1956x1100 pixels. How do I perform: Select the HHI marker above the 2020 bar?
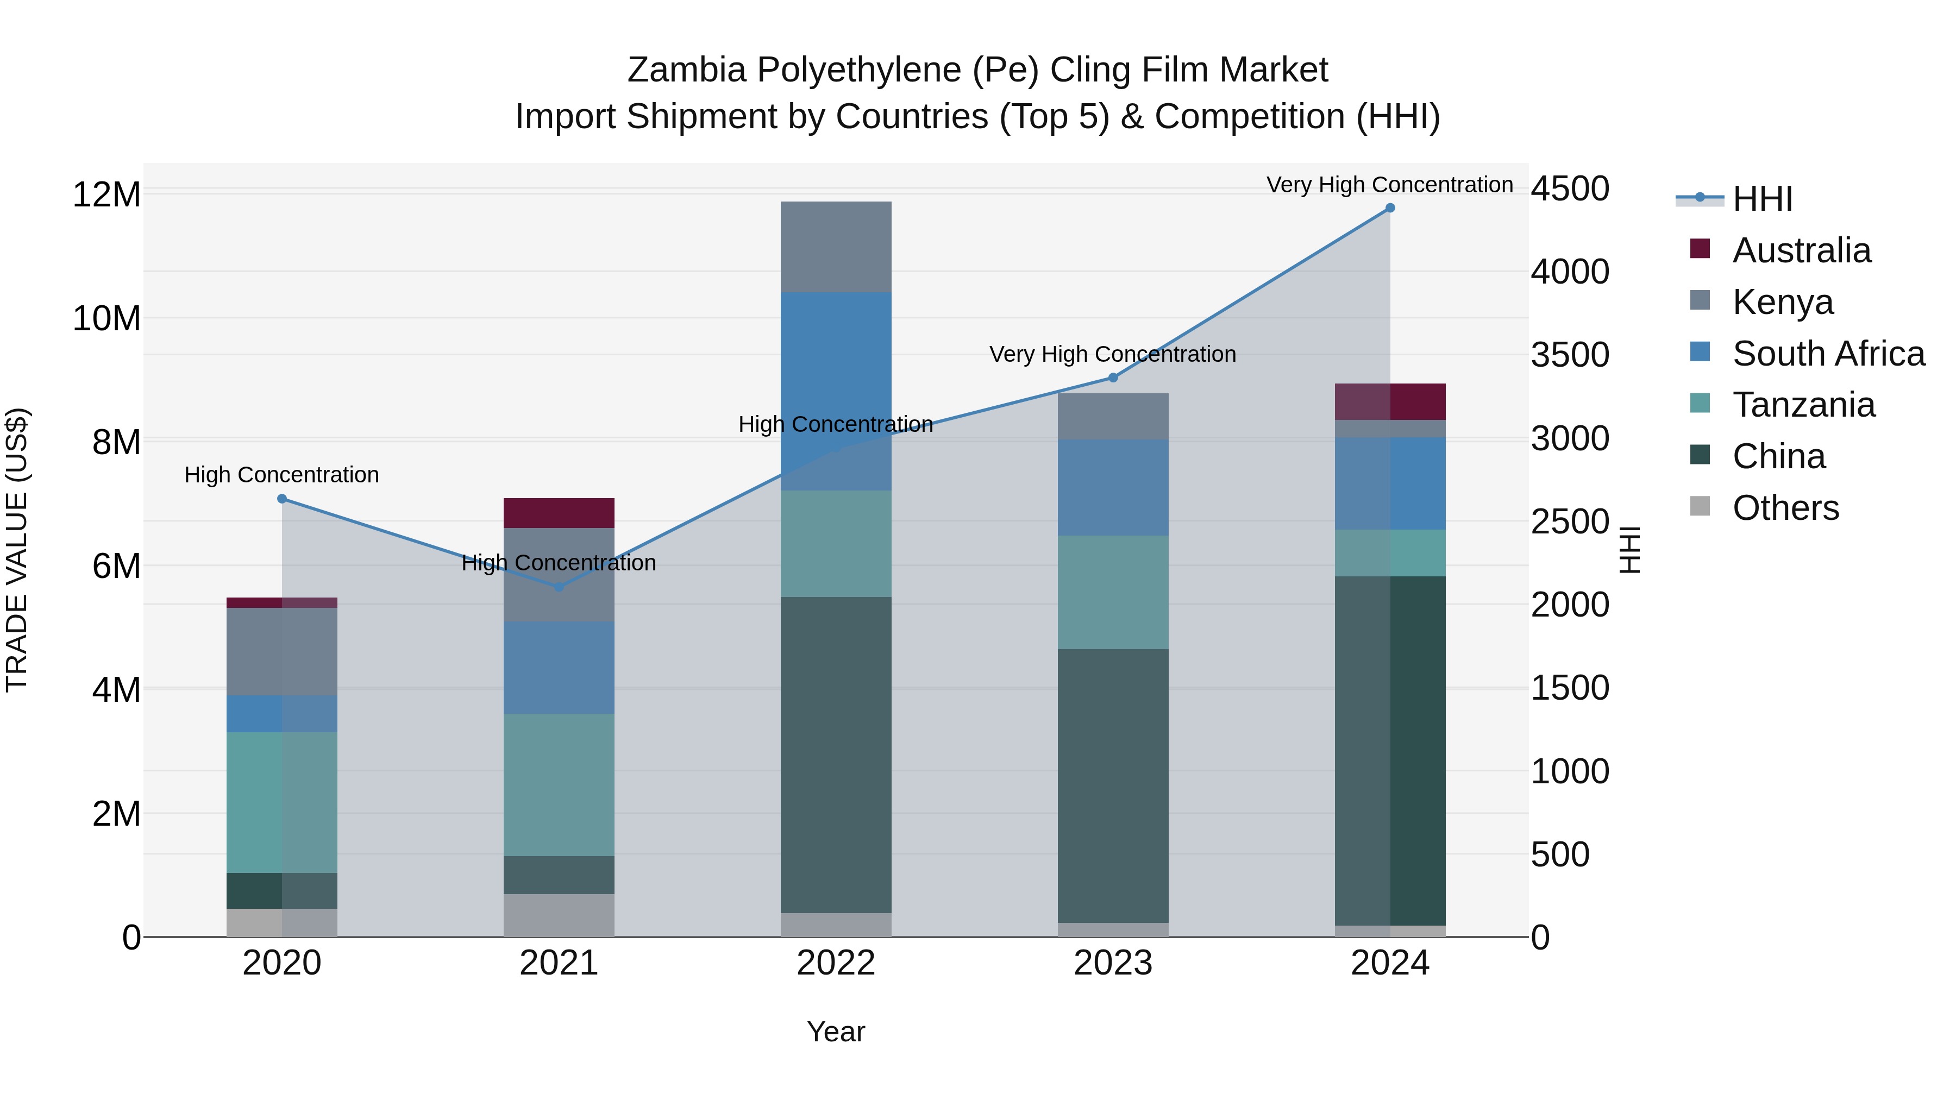281,499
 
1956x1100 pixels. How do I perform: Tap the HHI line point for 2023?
1113,378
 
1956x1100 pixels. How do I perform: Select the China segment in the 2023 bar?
1113,785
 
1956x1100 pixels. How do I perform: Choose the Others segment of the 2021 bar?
559,915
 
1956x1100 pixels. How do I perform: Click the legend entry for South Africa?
1828,354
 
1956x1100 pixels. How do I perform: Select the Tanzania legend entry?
1803,405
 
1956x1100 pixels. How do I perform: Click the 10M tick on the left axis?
106,318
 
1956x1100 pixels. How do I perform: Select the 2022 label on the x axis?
836,963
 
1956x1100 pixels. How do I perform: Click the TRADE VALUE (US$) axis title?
17,550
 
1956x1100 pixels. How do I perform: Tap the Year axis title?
836,1032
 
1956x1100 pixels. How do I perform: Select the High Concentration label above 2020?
281,475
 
